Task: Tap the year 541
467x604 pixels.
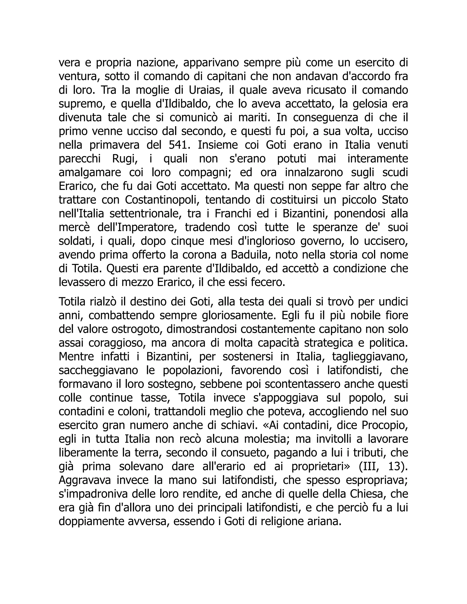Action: (179, 145)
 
